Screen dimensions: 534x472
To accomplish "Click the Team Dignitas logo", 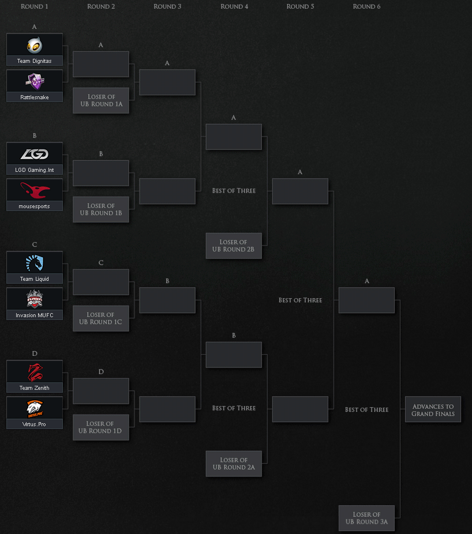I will (x=35, y=46).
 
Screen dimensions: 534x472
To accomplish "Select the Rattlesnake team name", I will (x=35, y=97).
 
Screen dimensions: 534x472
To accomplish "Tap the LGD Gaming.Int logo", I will (x=35, y=154).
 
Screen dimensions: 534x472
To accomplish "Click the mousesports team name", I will (x=35, y=206).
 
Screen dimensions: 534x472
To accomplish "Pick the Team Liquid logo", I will (x=35, y=264).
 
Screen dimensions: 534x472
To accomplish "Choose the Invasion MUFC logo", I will (x=35, y=299).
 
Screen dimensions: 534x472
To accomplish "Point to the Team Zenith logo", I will (x=35, y=373).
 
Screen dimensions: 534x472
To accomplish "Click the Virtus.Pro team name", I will (x=35, y=424).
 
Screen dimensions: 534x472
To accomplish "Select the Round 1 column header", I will (x=35, y=6).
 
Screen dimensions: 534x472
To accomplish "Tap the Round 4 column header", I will (x=234, y=6).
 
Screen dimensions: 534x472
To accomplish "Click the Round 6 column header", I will (x=366, y=6).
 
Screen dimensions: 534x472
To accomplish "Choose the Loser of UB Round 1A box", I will (x=101, y=100).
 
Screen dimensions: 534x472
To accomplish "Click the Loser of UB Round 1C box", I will (x=101, y=318).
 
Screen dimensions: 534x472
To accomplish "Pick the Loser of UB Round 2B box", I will (x=234, y=246).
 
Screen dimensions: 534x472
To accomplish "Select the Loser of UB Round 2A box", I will (x=234, y=464).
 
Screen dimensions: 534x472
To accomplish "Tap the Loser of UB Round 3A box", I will (x=366, y=518).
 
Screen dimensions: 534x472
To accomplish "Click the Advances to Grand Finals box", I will (x=433, y=410).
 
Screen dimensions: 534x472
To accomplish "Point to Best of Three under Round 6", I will (x=366, y=409).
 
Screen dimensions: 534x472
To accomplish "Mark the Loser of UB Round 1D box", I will (x=101, y=427).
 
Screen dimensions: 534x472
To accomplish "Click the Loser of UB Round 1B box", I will (x=101, y=209).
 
